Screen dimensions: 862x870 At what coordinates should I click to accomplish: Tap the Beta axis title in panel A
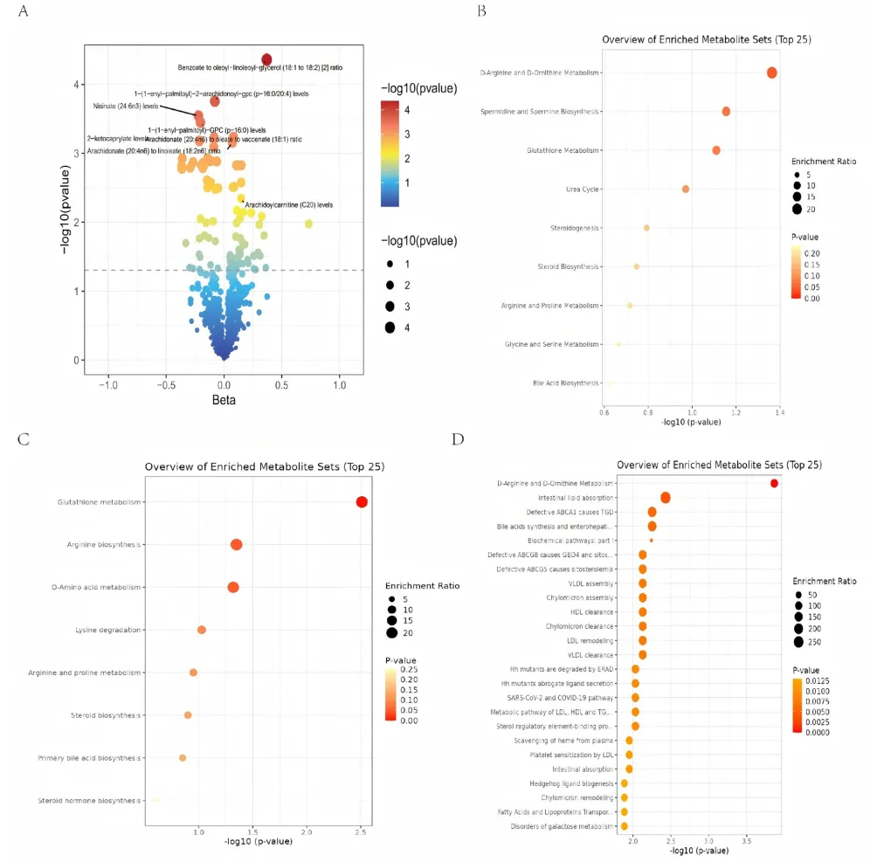click(224, 400)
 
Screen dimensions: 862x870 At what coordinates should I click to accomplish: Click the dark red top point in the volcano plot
click(266, 59)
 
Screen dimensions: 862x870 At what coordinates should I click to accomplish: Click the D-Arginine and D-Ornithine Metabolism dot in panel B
click(771, 72)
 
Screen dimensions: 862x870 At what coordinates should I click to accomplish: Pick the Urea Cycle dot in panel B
click(686, 189)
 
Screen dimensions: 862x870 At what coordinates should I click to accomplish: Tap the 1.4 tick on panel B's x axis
click(779, 410)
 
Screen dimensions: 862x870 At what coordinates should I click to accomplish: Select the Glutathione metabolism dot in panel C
click(362, 501)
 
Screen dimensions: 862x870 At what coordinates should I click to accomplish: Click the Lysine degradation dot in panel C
click(202, 630)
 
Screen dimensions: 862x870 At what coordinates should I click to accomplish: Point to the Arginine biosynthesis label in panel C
click(104, 545)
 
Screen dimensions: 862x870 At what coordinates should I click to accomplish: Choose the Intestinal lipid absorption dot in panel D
click(666, 498)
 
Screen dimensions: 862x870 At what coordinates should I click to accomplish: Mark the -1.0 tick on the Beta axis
click(108, 384)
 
